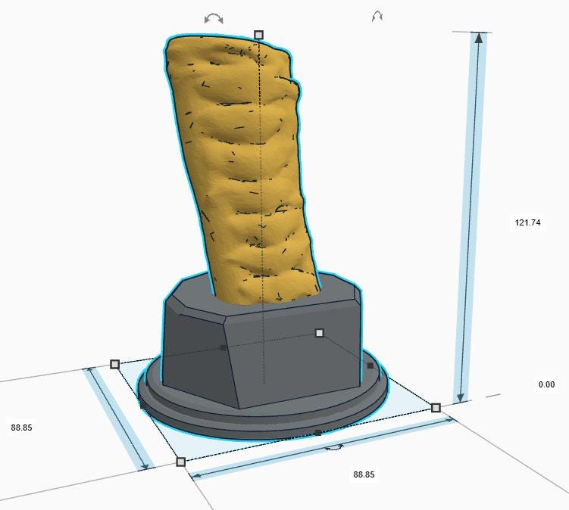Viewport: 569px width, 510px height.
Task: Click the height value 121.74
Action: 527,222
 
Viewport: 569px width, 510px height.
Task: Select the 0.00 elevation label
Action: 546,384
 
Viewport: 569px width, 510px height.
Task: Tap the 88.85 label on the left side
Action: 21,428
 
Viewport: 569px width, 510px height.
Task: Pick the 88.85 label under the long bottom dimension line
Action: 364,474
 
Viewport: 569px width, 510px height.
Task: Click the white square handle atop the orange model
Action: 258,35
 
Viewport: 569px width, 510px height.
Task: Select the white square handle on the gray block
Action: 319,333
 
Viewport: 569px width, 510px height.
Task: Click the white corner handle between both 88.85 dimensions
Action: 181,462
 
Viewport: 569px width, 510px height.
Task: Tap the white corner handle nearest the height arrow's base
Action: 436,408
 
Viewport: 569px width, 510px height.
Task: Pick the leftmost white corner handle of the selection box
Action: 114,364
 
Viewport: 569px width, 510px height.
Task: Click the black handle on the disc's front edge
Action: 318,432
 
